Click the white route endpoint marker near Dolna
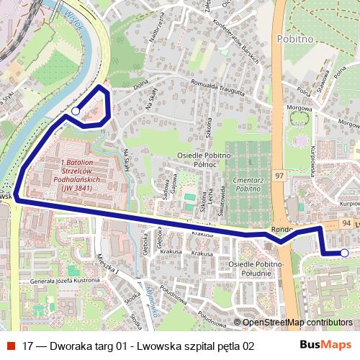click(76, 111)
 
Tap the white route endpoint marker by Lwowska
click(344, 253)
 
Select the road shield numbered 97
click(279, 176)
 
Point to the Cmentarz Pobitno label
click(243, 184)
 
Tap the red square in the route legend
click(10, 346)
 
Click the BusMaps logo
click(325, 345)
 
